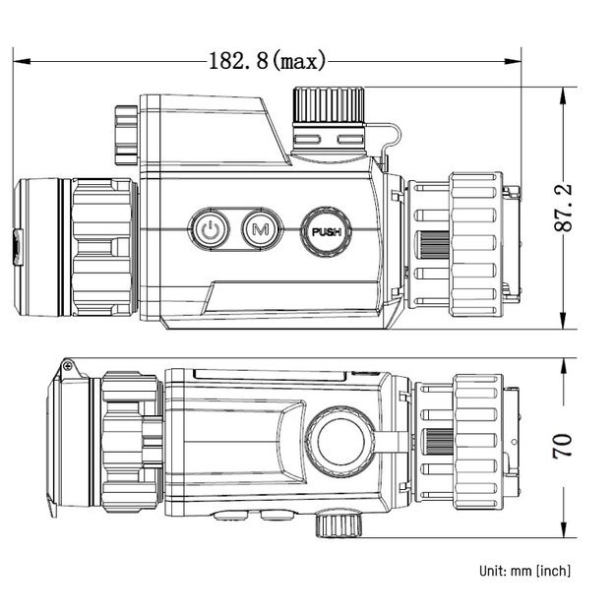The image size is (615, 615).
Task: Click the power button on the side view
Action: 209,230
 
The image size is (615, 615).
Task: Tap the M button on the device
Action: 261,230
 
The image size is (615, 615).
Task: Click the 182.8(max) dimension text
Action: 267,61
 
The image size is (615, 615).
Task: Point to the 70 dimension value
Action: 564,447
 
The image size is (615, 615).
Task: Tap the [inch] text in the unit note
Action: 552,571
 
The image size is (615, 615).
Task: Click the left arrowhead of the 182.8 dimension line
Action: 22,61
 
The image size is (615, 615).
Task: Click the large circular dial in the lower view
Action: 341,438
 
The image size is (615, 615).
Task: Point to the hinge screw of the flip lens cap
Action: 68,366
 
